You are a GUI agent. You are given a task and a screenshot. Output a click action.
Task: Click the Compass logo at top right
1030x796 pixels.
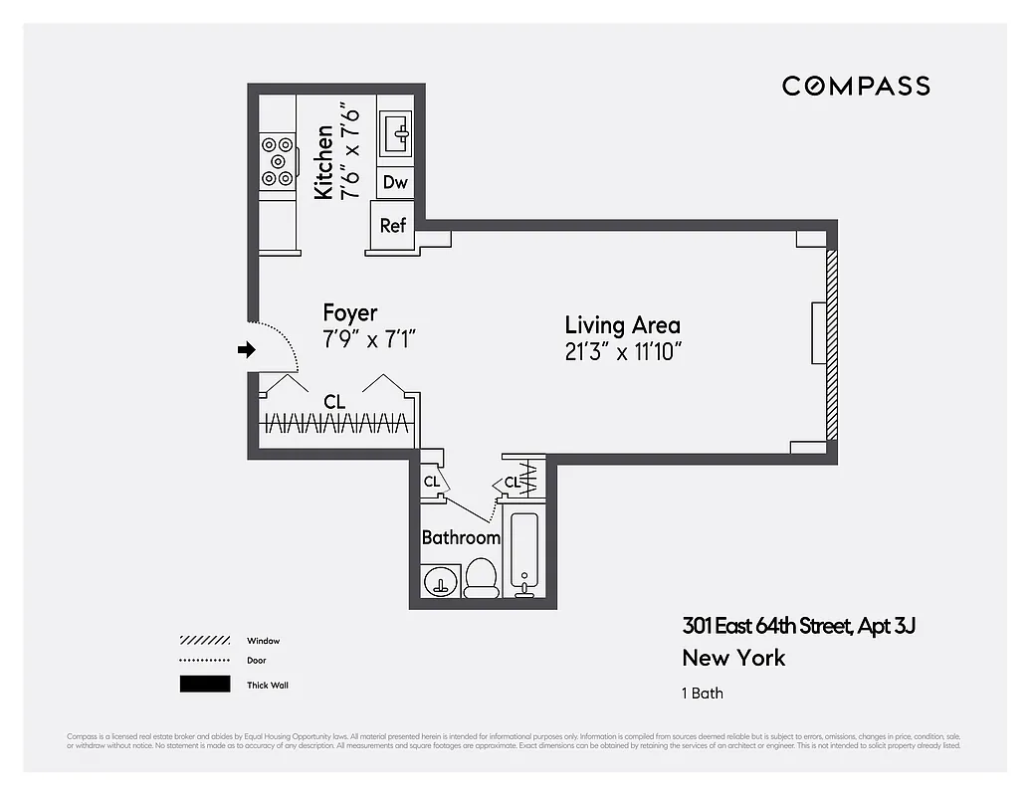tap(856, 86)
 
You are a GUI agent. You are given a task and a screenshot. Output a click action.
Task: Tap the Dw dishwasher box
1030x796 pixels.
tap(395, 182)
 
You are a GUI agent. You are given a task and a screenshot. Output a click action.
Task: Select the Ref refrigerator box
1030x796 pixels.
tap(393, 226)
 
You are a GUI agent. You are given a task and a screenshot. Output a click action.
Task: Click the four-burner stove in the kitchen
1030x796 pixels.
tap(278, 161)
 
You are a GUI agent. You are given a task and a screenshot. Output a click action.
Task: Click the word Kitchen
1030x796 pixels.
tap(323, 162)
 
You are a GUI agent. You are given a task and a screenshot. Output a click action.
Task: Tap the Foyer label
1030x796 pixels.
tap(350, 313)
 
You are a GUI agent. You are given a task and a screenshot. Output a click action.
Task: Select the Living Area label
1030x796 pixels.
tap(622, 325)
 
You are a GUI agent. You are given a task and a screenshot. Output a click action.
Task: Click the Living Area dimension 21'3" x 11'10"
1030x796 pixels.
tap(622, 351)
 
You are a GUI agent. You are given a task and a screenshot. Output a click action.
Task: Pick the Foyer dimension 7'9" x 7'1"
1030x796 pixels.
tap(368, 339)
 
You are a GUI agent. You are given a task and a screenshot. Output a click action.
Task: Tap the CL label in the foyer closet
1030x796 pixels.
tap(334, 402)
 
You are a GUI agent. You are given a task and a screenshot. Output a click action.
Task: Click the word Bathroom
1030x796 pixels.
tap(461, 537)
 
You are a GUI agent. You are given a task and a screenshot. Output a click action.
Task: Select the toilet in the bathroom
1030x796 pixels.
tap(482, 577)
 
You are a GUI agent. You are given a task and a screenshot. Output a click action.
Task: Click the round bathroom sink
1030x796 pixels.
tap(438, 580)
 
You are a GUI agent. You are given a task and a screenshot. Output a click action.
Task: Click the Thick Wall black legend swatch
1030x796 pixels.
tap(205, 685)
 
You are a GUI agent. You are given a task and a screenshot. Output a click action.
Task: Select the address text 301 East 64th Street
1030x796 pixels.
tap(766, 626)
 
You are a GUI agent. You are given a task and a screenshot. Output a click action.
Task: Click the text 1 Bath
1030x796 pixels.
tap(703, 693)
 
